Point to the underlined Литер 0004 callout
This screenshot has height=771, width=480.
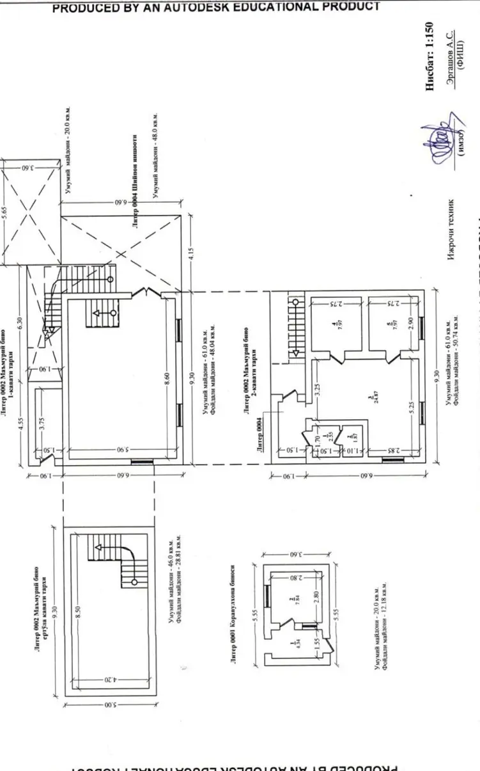pos(260,436)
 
